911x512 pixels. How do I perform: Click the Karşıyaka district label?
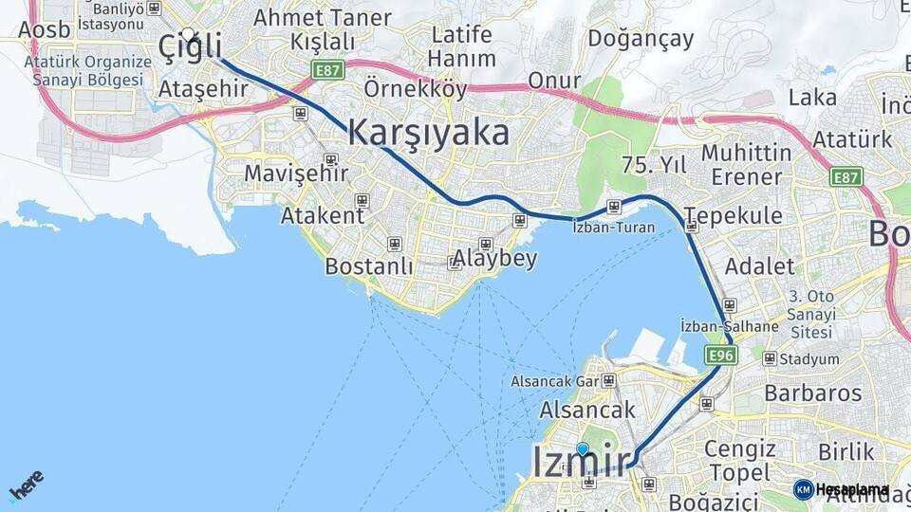click(x=428, y=133)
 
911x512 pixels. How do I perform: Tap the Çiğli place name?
click(x=191, y=45)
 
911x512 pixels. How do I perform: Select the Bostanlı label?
click(x=368, y=266)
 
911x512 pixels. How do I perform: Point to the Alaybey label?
click(x=494, y=259)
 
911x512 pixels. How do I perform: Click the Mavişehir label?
click(x=296, y=174)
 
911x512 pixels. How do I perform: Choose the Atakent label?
click(x=322, y=215)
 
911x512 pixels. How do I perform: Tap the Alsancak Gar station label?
click(x=555, y=381)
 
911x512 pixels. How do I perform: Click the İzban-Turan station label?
click(x=608, y=228)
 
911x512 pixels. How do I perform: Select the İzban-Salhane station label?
click(x=730, y=326)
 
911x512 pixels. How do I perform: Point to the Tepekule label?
click(x=733, y=215)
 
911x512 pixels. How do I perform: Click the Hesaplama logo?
click(x=842, y=489)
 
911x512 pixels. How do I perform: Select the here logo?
click(x=26, y=485)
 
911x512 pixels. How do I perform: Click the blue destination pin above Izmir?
click(x=582, y=449)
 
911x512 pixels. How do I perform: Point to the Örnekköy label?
click(x=416, y=89)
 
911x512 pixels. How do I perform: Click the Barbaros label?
click(x=813, y=393)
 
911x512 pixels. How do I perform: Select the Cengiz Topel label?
click(x=739, y=460)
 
